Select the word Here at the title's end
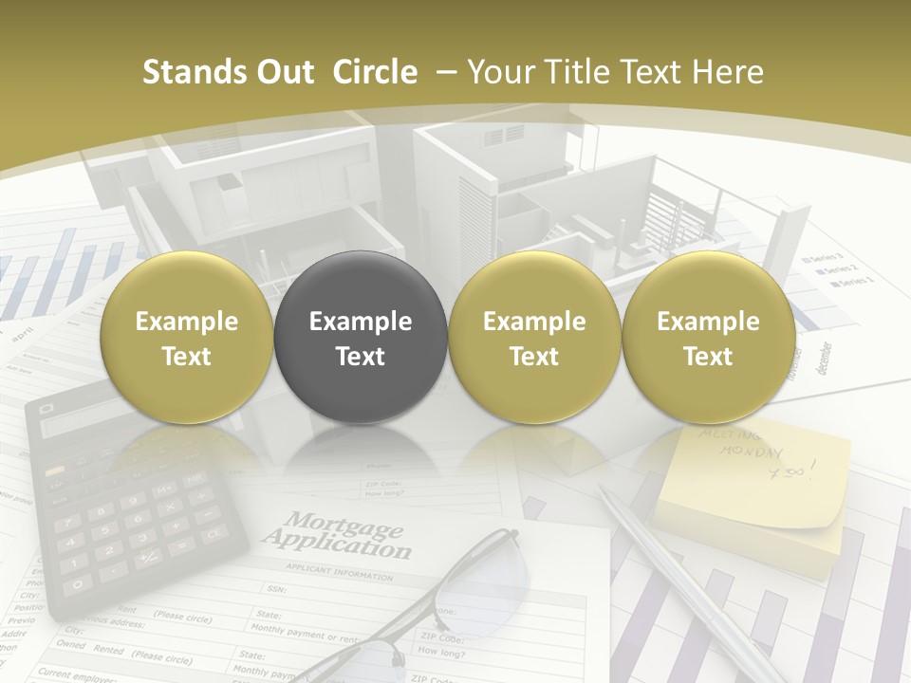(728, 72)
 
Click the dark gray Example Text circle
(361, 338)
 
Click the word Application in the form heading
(338, 545)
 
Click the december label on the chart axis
(823, 359)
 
